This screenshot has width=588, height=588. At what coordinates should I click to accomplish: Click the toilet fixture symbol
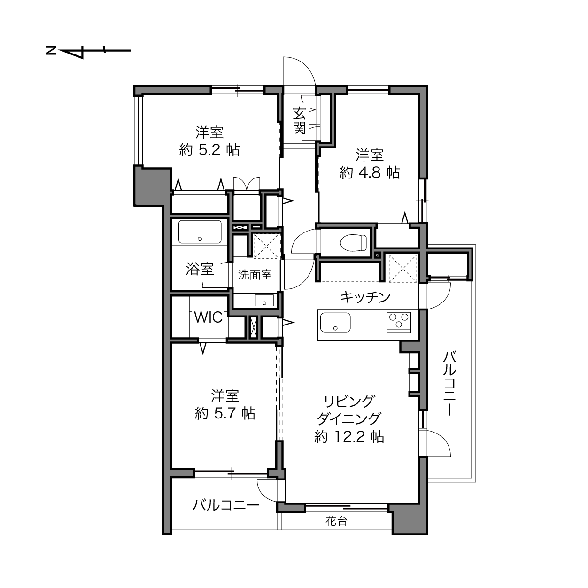(x=353, y=243)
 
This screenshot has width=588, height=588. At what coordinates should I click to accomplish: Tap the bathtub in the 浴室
(x=200, y=232)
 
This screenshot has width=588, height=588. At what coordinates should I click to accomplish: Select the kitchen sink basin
(x=335, y=323)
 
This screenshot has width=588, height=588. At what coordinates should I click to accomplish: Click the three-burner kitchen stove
(x=399, y=322)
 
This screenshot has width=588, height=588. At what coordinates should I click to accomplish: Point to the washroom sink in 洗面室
(x=264, y=300)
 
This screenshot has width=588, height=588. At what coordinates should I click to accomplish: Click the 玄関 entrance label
(x=299, y=121)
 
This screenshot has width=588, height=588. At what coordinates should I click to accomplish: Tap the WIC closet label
(x=209, y=317)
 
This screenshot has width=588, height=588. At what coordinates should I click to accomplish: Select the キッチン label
(x=365, y=297)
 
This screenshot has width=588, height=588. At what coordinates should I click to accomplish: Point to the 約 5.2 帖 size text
(x=209, y=150)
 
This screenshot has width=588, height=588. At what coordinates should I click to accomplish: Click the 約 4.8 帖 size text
(x=370, y=173)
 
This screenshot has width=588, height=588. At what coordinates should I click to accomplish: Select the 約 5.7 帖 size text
(x=225, y=413)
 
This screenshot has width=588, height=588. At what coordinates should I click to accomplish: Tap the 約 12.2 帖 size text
(x=349, y=437)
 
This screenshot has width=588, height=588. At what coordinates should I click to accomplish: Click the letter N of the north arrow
(x=51, y=50)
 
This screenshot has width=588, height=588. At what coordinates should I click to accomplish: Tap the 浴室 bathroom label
(x=200, y=269)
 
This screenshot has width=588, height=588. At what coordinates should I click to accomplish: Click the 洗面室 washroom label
(x=255, y=275)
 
